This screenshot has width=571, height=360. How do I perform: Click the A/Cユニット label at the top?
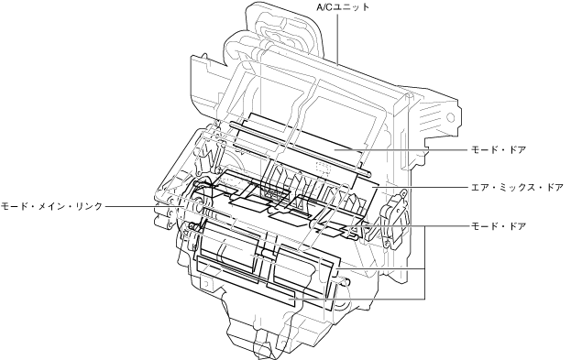[x=343, y=7]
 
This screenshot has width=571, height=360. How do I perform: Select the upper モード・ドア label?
[x=499, y=149]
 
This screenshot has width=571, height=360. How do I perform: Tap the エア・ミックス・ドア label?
[x=517, y=188]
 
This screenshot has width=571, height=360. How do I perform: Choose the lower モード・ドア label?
[x=499, y=226]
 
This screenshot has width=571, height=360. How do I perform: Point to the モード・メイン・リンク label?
[x=51, y=206]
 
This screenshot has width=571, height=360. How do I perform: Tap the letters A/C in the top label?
[x=324, y=7]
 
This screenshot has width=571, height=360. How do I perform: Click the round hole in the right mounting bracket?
[x=450, y=117]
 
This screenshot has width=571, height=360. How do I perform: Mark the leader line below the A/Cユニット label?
[x=337, y=39]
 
